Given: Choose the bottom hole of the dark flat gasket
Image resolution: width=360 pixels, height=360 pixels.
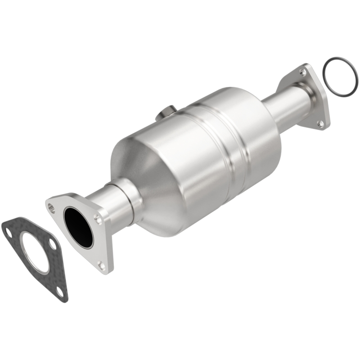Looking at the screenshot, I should [59, 292].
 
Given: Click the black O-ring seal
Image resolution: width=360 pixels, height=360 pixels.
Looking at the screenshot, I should [339, 77].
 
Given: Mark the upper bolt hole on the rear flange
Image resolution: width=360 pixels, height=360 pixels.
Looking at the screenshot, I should [303, 72].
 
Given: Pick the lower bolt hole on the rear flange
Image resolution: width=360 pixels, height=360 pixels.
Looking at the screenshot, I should [320, 122].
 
